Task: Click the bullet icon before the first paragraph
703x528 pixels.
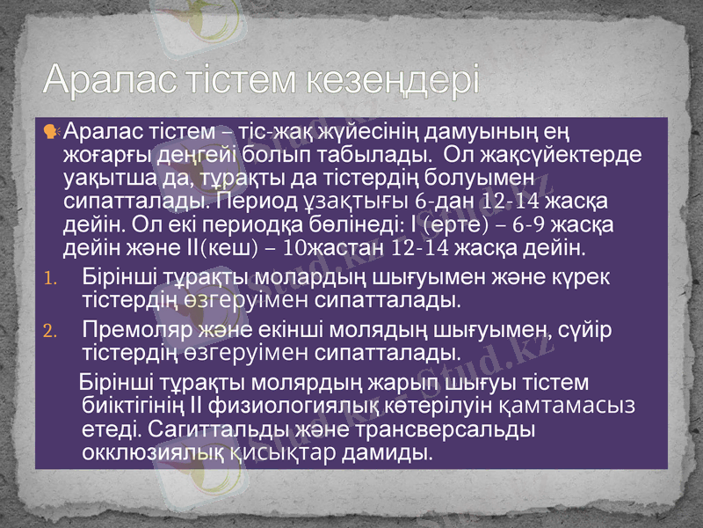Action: tap(50, 132)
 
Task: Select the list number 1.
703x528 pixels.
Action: tap(50, 283)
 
